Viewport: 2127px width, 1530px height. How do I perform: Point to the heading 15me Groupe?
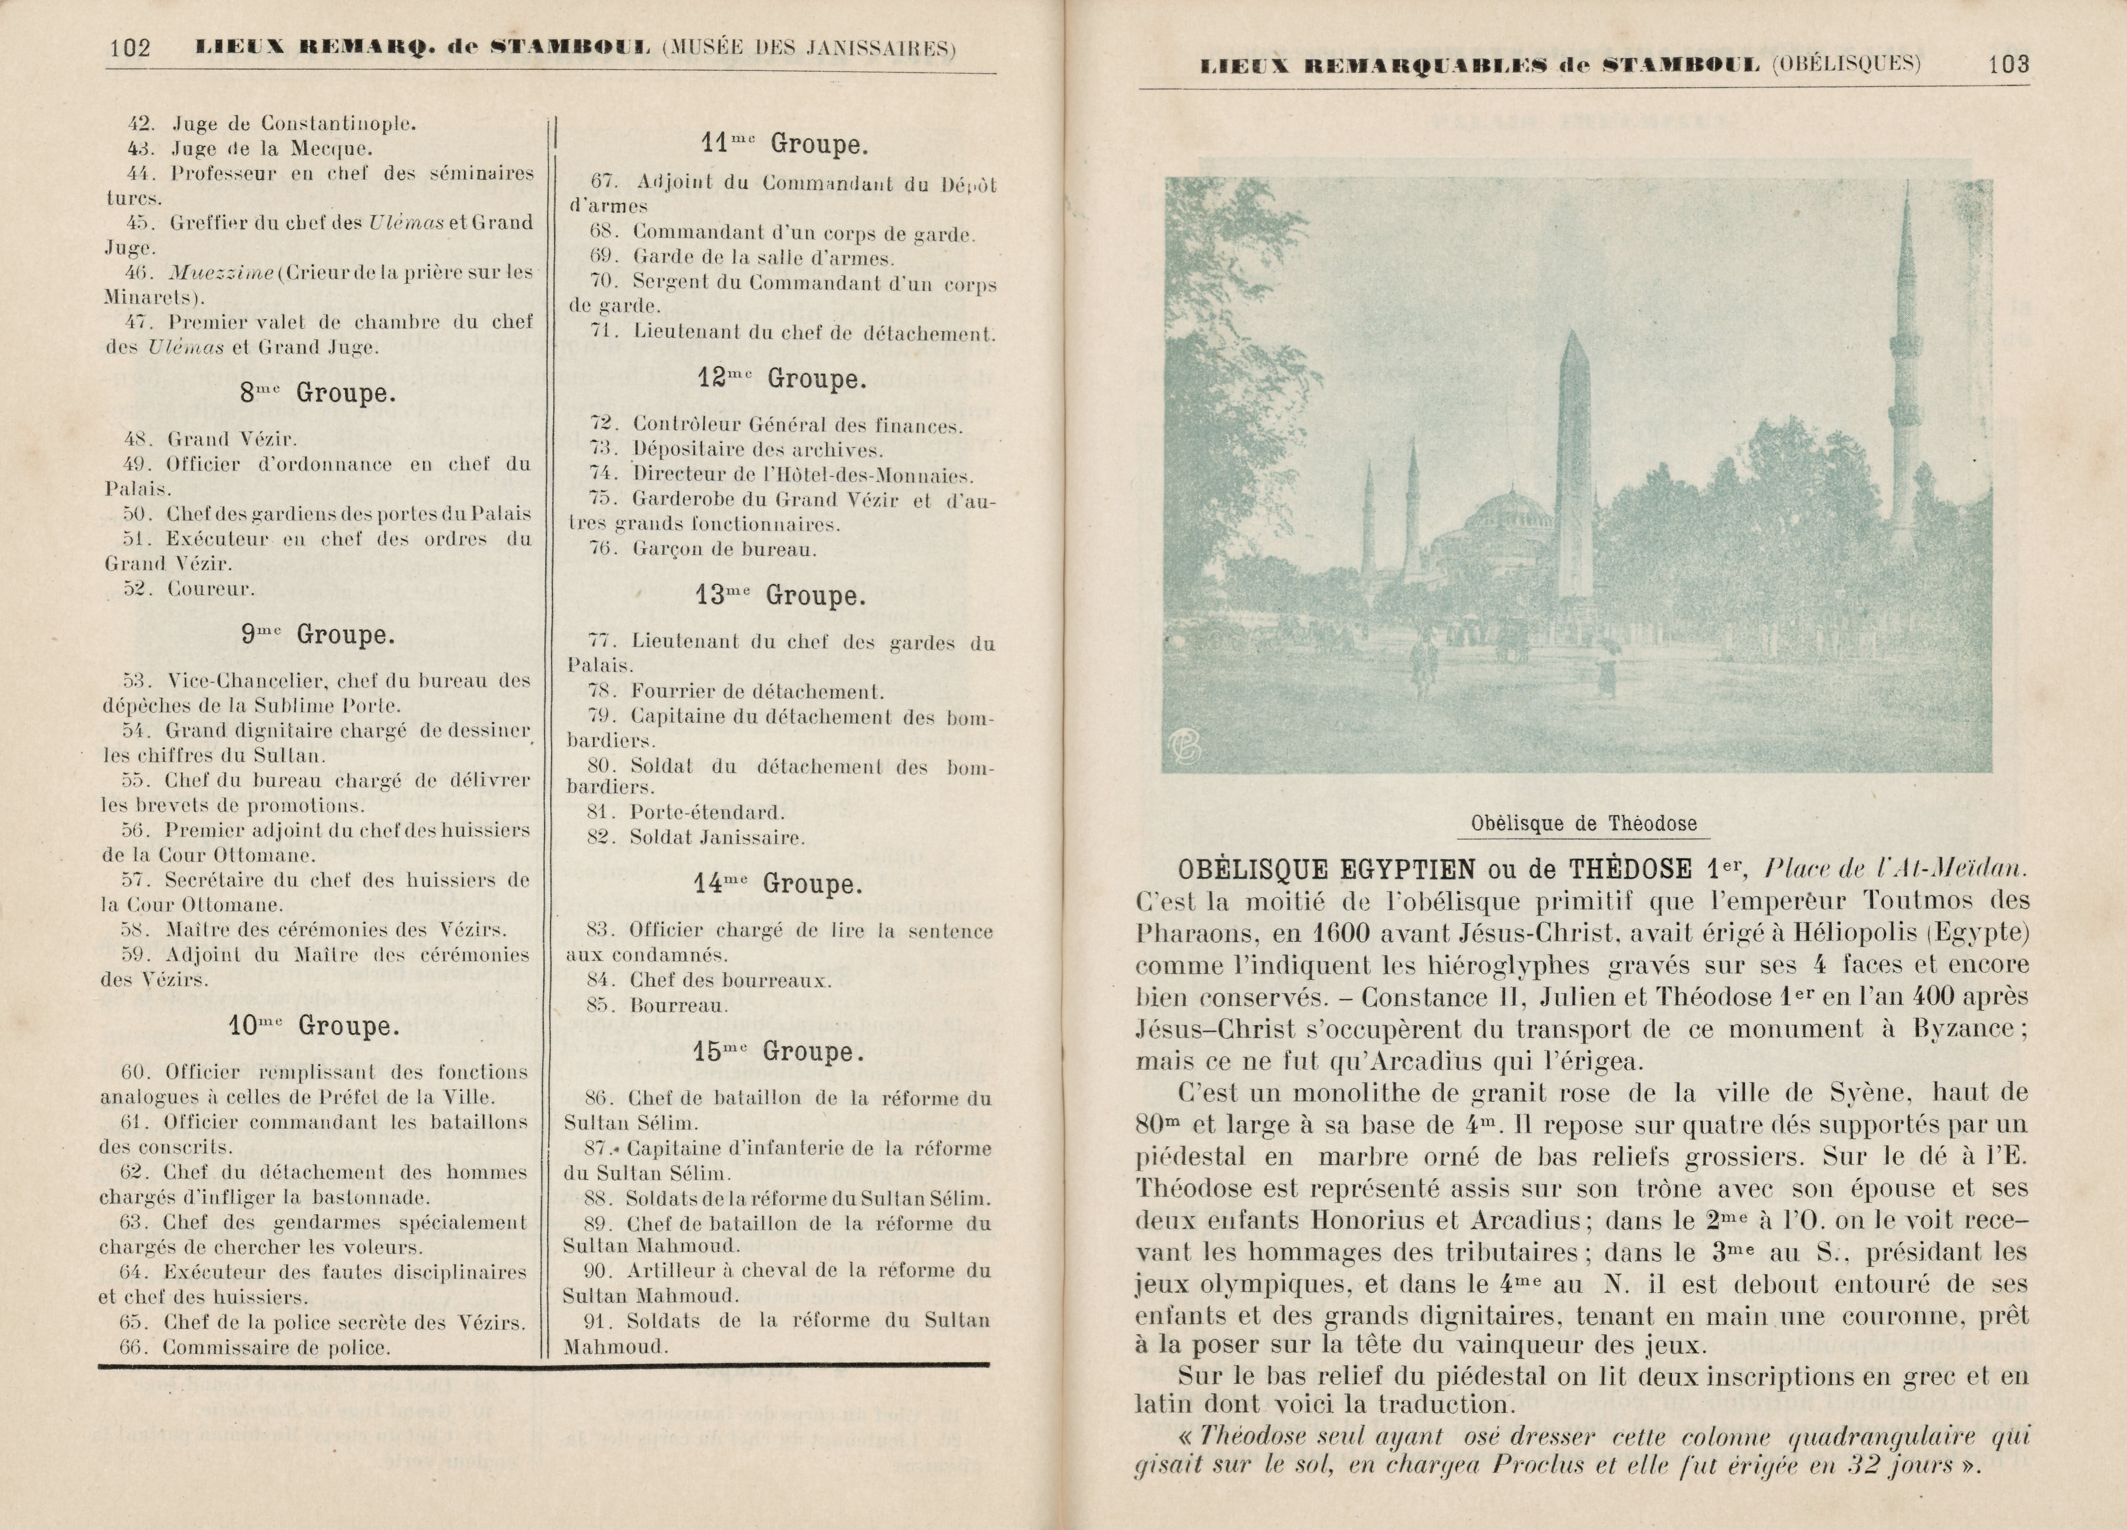[778, 1052]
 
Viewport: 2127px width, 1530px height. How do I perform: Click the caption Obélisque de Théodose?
[1583, 824]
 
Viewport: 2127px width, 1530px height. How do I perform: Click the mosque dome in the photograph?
[1508, 516]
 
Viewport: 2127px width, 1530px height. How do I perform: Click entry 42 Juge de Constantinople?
[272, 123]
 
